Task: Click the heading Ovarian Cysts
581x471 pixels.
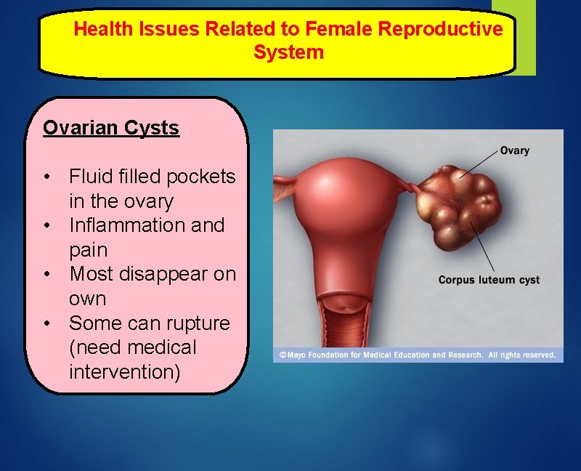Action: [x=110, y=128]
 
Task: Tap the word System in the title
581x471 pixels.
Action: [x=288, y=52]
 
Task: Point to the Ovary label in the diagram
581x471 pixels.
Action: [x=514, y=150]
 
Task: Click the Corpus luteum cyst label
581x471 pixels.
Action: [x=489, y=280]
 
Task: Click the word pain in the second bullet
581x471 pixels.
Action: [x=88, y=250]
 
